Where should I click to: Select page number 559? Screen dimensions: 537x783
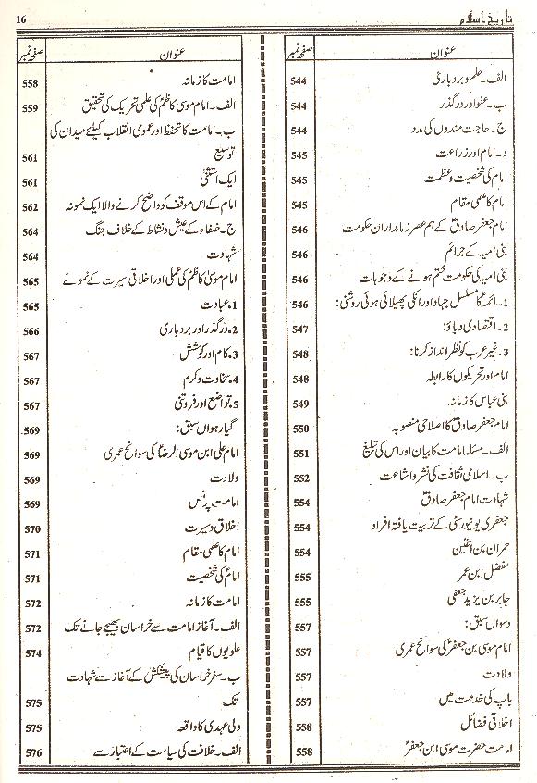coord(31,109)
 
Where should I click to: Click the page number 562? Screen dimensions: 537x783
coord(31,207)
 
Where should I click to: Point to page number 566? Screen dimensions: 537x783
coord(31,330)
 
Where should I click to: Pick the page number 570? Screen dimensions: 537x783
coord(31,529)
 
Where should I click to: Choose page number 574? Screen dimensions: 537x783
coord(31,652)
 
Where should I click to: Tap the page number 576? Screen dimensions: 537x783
coord(31,752)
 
